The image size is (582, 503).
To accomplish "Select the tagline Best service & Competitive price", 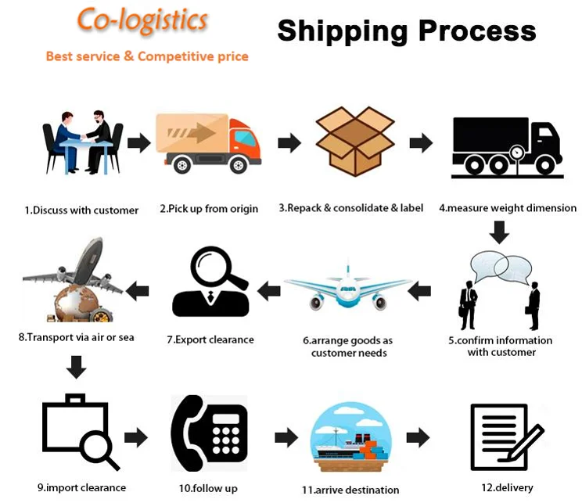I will pos(147,56).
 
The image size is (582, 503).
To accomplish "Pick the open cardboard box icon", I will pos(354,142).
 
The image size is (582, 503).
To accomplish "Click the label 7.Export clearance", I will pos(210,340).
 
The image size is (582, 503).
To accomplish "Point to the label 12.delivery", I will pos(507,487).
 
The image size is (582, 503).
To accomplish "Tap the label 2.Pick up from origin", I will pos(209,209).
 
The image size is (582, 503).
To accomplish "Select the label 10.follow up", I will pos(208,488).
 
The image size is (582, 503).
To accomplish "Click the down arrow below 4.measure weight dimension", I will pos(499,232).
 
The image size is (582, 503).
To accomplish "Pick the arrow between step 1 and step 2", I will pos(139,142).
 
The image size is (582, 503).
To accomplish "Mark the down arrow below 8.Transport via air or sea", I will pos(76,367).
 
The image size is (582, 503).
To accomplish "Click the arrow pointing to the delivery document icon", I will pos(419,438).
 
